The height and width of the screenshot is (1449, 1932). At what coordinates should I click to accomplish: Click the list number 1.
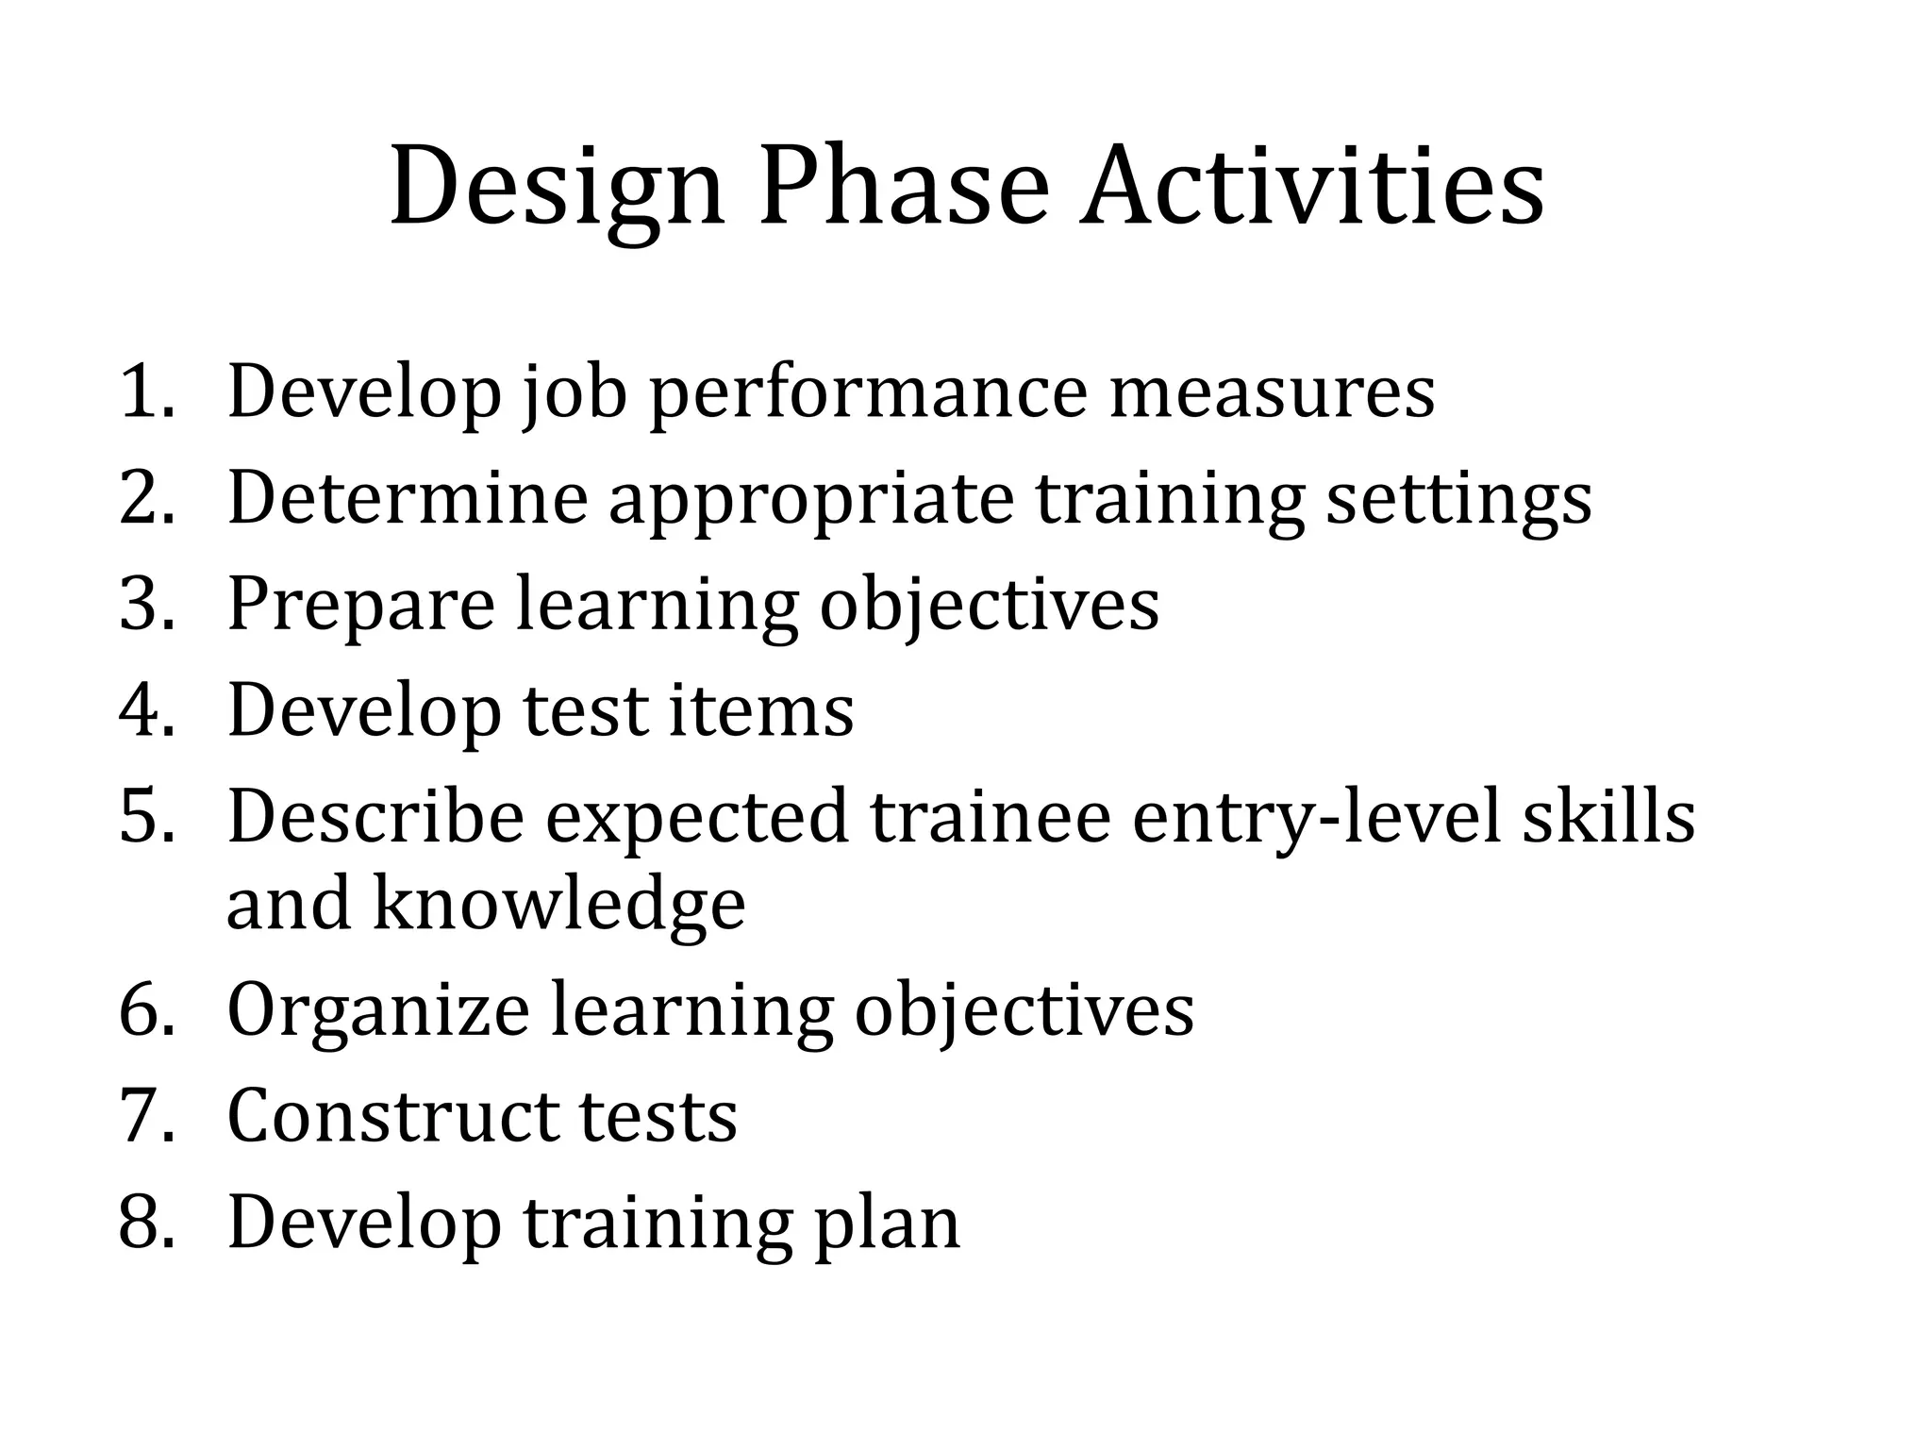click(146, 391)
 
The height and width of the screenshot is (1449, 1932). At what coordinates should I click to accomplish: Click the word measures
click(1272, 391)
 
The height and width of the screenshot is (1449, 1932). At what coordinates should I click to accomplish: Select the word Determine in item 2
click(408, 497)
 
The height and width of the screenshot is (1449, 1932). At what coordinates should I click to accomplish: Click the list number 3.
click(146, 604)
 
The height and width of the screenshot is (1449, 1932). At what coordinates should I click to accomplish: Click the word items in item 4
click(761, 709)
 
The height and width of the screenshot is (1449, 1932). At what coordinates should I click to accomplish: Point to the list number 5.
click(146, 816)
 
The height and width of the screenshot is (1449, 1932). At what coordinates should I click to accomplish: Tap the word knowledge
click(559, 904)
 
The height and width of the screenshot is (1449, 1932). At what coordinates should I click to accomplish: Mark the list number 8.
click(146, 1223)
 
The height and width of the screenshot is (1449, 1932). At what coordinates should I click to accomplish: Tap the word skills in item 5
click(1608, 816)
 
